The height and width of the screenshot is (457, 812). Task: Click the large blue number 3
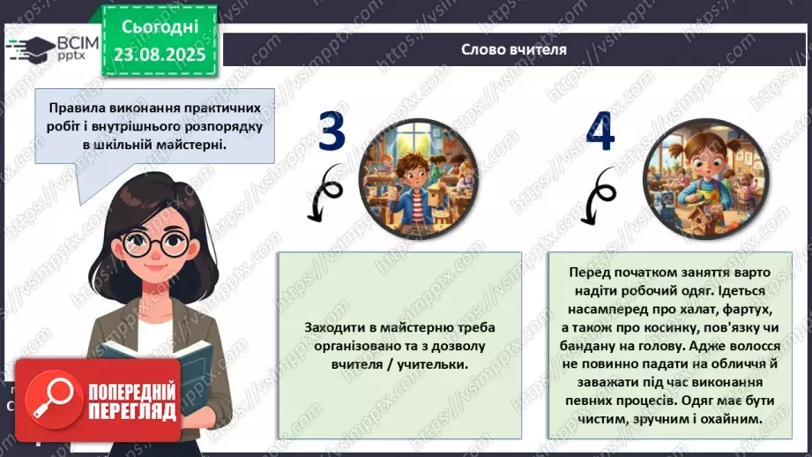click(332, 133)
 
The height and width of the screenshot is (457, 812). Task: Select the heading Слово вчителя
click(514, 49)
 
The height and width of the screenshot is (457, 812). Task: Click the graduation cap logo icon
click(28, 47)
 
